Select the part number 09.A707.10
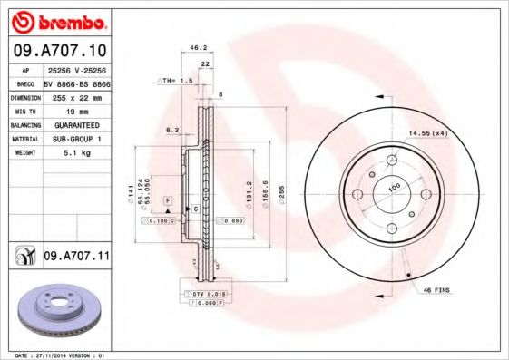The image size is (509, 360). (59, 51)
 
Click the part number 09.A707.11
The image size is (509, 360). (76, 258)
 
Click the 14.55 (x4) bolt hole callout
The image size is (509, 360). (427, 133)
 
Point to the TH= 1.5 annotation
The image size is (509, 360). (178, 81)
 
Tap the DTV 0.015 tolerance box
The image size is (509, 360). (206, 295)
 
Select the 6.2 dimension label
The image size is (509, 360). (171, 130)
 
